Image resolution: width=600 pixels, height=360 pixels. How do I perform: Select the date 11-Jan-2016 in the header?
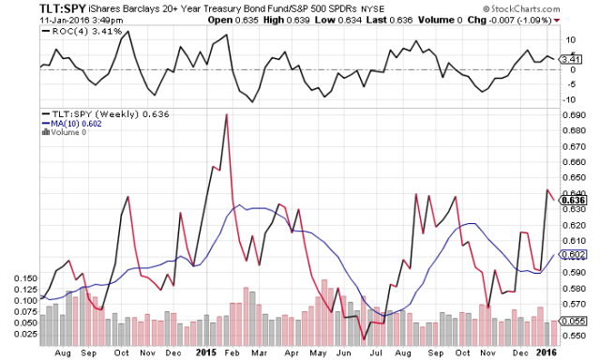[37, 19]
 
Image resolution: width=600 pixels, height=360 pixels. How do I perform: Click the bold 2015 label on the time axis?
[208, 352]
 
